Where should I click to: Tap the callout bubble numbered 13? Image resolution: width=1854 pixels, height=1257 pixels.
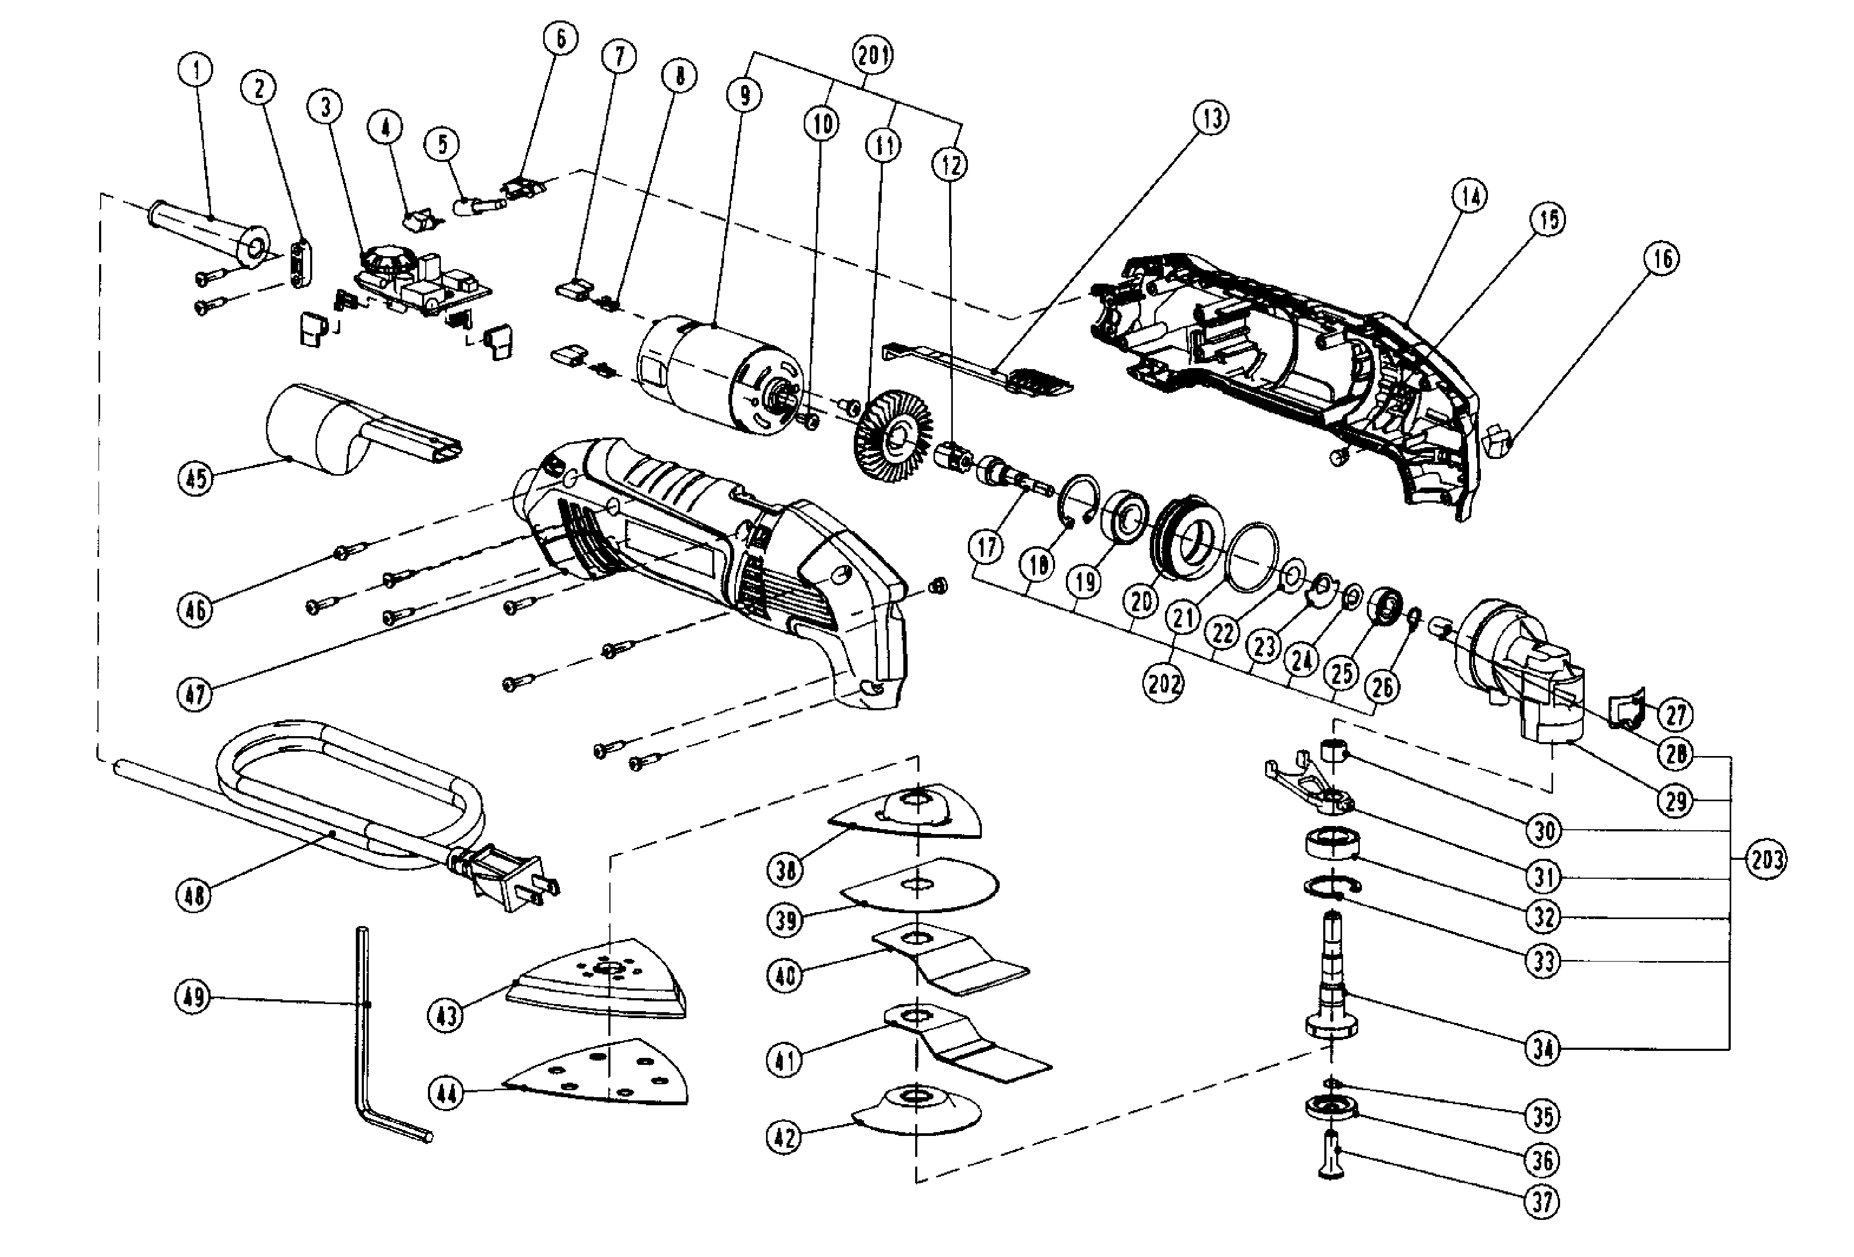1210,118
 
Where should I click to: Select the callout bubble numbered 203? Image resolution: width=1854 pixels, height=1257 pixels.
1766,860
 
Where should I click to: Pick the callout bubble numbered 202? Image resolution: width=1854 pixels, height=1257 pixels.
1163,683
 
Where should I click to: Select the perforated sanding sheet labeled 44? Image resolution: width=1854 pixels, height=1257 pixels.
606,1073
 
